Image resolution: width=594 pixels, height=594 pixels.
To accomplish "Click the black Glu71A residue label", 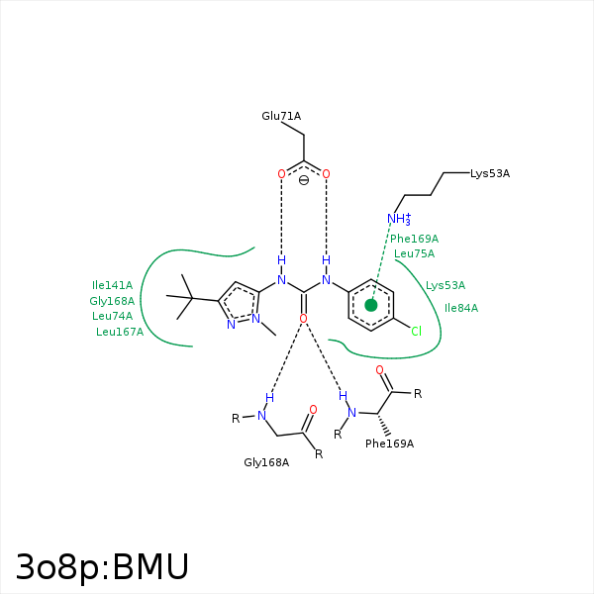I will click(x=281, y=117).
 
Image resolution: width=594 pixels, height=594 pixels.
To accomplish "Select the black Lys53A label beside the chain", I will click(x=490, y=173).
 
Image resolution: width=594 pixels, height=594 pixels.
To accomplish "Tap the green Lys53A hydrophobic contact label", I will click(x=445, y=285).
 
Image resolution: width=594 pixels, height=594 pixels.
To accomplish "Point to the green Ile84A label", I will click(x=461, y=308).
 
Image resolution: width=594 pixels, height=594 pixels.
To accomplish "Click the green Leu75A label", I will click(x=414, y=253).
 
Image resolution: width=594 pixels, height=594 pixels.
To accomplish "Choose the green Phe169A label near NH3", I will click(x=414, y=239).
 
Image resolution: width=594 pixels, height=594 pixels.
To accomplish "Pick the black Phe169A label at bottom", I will click(x=389, y=444).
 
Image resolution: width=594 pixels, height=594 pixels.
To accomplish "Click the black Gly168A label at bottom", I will click(x=266, y=462).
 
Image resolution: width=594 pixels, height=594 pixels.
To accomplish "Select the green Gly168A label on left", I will click(x=112, y=301).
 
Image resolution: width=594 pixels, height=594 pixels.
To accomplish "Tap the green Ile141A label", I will click(x=112, y=285).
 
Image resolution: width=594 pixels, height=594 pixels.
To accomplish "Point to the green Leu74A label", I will click(x=112, y=316).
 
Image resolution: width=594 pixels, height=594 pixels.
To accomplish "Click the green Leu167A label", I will click(x=120, y=332).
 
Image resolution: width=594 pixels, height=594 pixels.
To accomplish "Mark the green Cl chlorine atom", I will click(x=416, y=331).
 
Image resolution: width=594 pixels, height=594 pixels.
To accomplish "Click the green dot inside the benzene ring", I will click(x=371, y=305).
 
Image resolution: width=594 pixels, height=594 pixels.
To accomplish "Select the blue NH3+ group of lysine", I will click(x=398, y=220).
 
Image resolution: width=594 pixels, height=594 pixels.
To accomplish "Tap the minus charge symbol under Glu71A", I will click(x=304, y=180).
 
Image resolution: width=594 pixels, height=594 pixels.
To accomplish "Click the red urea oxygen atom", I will click(x=303, y=318).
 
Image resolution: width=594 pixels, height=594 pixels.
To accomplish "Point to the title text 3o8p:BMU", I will click(x=102, y=567).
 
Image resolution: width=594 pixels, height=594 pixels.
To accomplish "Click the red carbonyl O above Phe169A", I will click(x=379, y=370).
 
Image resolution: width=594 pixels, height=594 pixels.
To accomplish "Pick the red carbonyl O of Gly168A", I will click(x=313, y=409).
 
